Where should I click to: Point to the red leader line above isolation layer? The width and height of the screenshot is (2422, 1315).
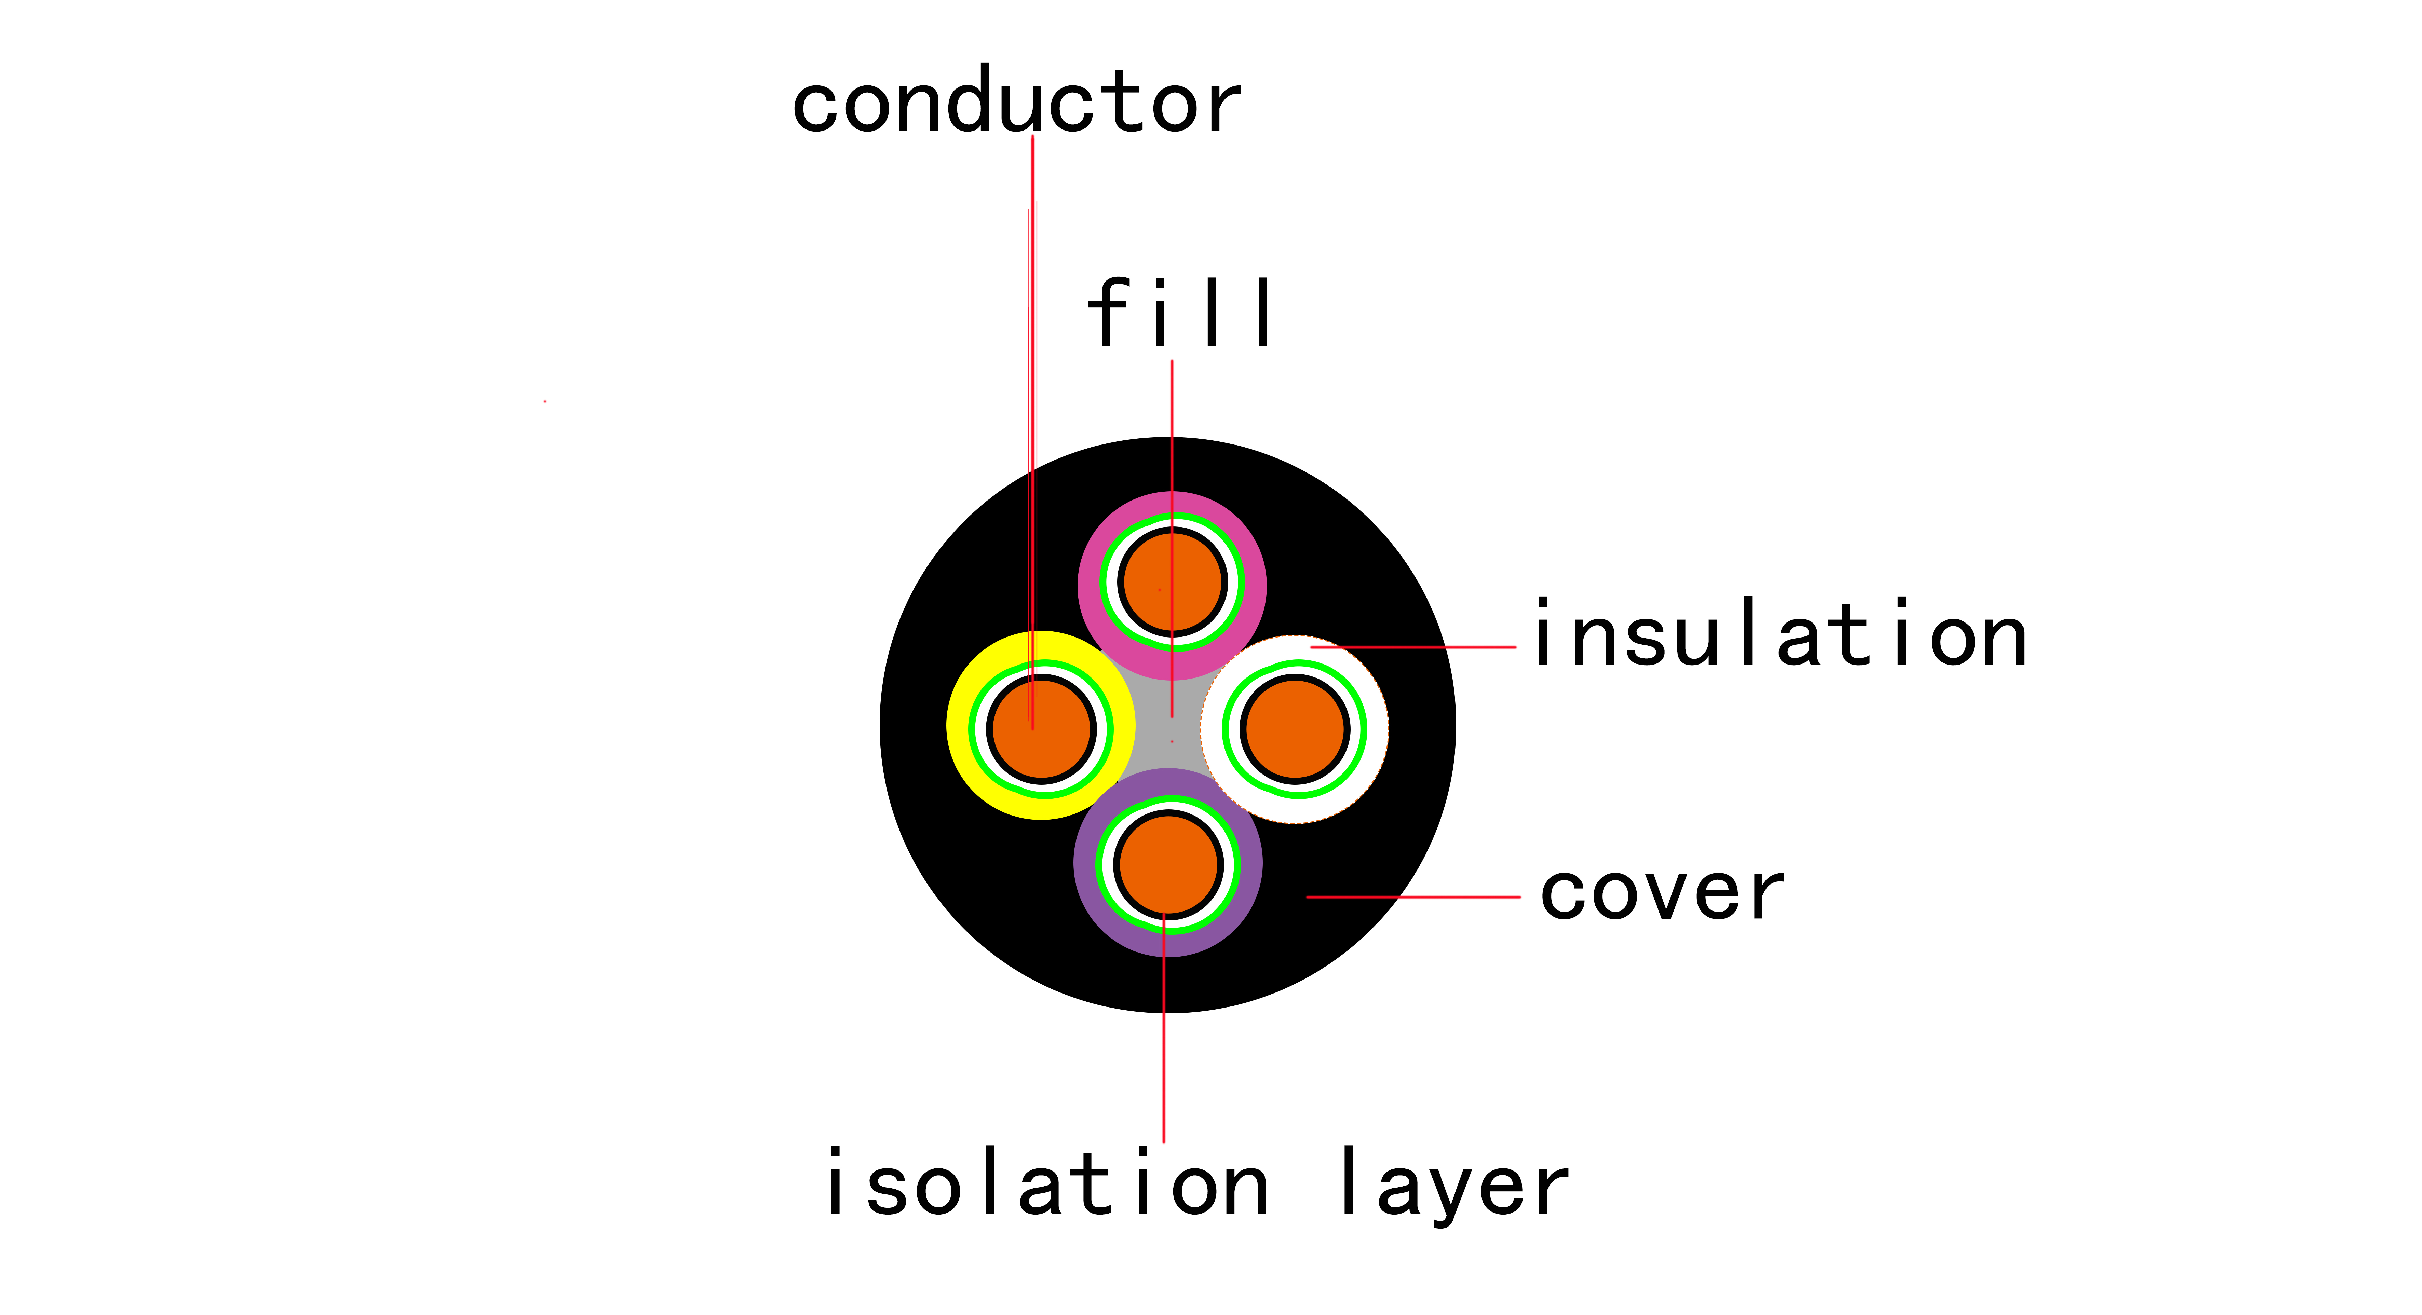pos(1164,1034)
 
